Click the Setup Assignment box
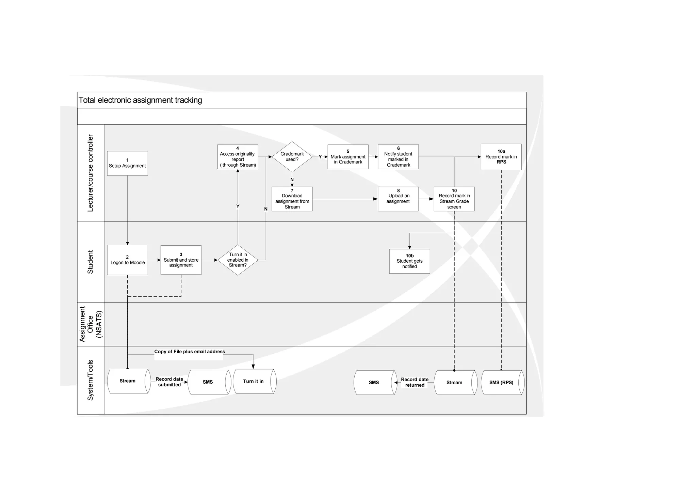pyautogui.click(x=127, y=163)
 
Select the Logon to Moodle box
pyautogui.click(x=127, y=260)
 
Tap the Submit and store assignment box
pyautogui.click(x=181, y=260)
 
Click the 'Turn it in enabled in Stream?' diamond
pyautogui.click(x=238, y=260)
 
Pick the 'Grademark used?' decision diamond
pyautogui.click(x=292, y=157)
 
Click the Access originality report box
pyautogui.click(x=238, y=157)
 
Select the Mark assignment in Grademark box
pyautogui.click(x=348, y=157)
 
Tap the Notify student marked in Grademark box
pyautogui.click(x=398, y=157)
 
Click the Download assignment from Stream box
pyautogui.click(x=292, y=199)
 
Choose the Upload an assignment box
pyautogui.click(x=398, y=199)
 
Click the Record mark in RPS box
pyautogui.click(x=501, y=157)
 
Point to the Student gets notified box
pyautogui.click(x=409, y=261)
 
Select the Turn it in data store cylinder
pyautogui.click(x=254, y=381)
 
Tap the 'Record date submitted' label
pyautogui.click(x=169, y=382)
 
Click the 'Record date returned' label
pyautogui.click(x=415, y=382)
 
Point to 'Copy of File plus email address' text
pyautogui.click(x=189, y=352)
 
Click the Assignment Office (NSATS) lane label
pyautogui.click(x=91, y=324)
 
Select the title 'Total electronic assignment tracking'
pyautogui.click(x=140, y=100)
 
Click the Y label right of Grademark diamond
pyautogui.click(x=320, y=157)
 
